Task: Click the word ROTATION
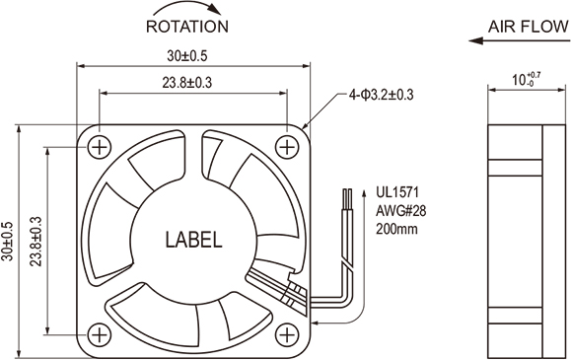tap(187, 27)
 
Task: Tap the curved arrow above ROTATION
tap(186, 5)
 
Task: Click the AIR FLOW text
tap(528, 27)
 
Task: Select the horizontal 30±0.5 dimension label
tap(187, 56)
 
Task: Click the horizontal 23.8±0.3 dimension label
tap(187, 83)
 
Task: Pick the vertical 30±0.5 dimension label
tap(7, 242)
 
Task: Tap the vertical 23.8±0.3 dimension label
tap(36, 242)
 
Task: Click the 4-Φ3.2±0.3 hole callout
tap(382, 95)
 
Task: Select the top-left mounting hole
tap(99, 148)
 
